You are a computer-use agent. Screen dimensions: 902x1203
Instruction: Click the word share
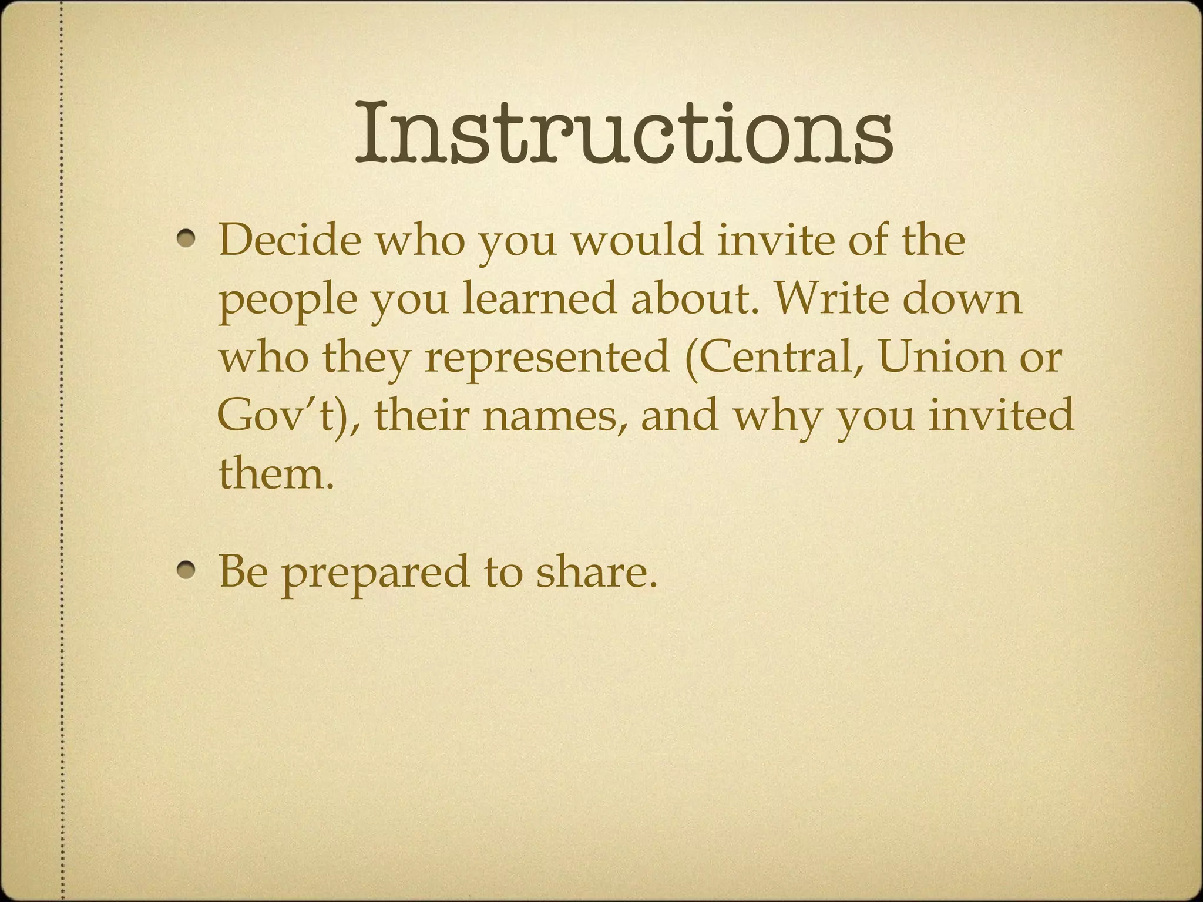(x=596, y=571)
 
